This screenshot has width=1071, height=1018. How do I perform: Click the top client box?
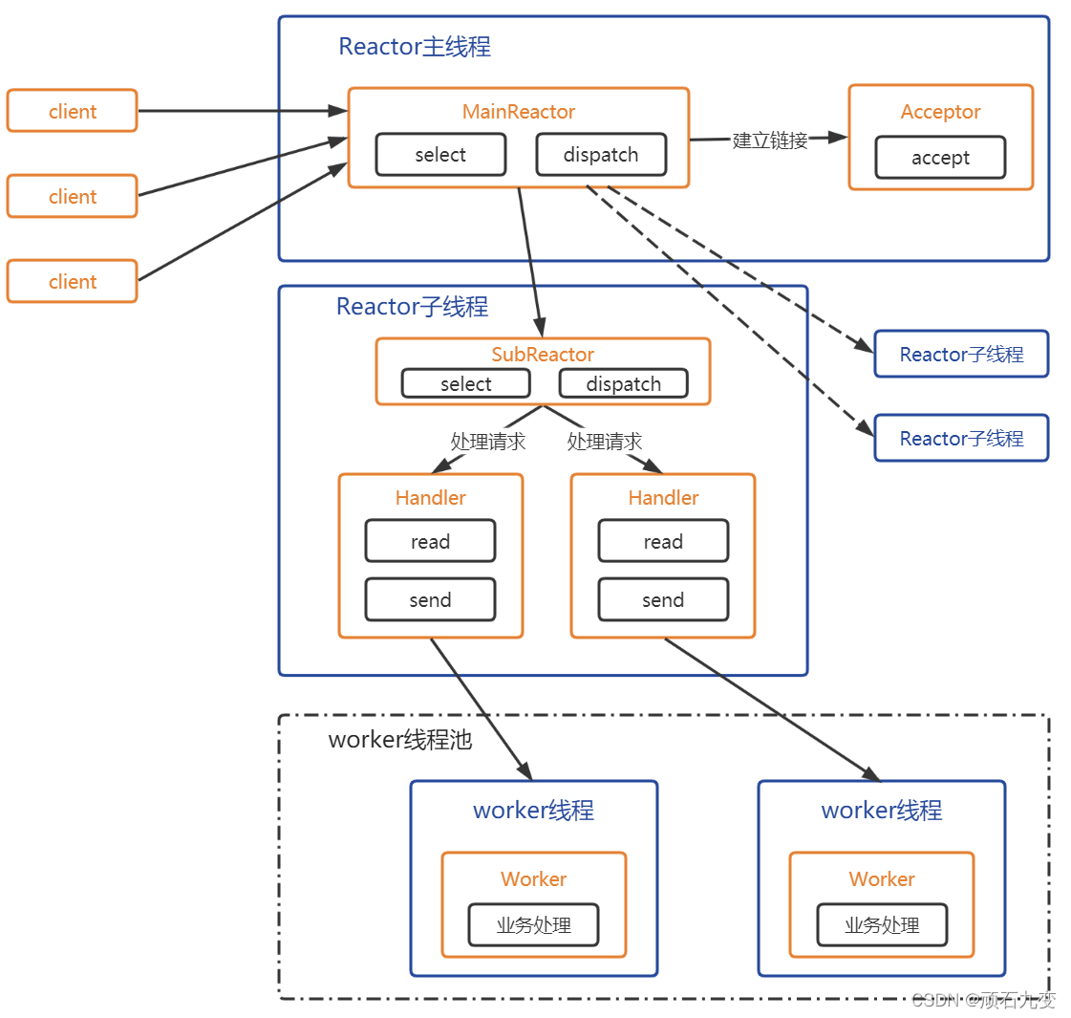coord(73,111)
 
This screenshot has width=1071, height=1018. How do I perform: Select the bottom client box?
coord(73,281)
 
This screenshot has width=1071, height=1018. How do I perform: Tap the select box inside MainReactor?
coord(440,155)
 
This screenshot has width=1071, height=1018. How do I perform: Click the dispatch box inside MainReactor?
coord(601,155)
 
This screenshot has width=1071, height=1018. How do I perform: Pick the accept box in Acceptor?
coord(940,158)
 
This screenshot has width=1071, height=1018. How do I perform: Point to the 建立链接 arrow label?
coord(770,141)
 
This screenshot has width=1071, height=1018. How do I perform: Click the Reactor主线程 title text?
coord(415,47)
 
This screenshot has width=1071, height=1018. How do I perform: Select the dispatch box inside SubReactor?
coord(623,384)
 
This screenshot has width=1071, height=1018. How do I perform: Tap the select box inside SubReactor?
coord(465,384)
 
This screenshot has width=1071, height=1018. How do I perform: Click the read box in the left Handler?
coord(430,542)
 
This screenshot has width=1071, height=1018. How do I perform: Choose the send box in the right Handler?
coord(663,600)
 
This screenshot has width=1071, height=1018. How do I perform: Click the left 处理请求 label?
coord(487,442)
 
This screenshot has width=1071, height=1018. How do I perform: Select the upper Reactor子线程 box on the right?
coord(961,355)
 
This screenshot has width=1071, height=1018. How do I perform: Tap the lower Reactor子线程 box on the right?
coord(961,439)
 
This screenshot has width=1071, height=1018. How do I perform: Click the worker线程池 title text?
coord(400,740)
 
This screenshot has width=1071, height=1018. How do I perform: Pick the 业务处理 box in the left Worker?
coord(533,925)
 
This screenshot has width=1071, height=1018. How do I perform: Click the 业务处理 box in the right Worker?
coord(882,925)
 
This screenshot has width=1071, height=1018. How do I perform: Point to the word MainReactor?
coord(519,112)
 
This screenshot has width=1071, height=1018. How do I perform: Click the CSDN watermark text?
coord(983,1000)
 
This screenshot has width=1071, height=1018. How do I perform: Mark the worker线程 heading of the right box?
coord(882,811)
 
